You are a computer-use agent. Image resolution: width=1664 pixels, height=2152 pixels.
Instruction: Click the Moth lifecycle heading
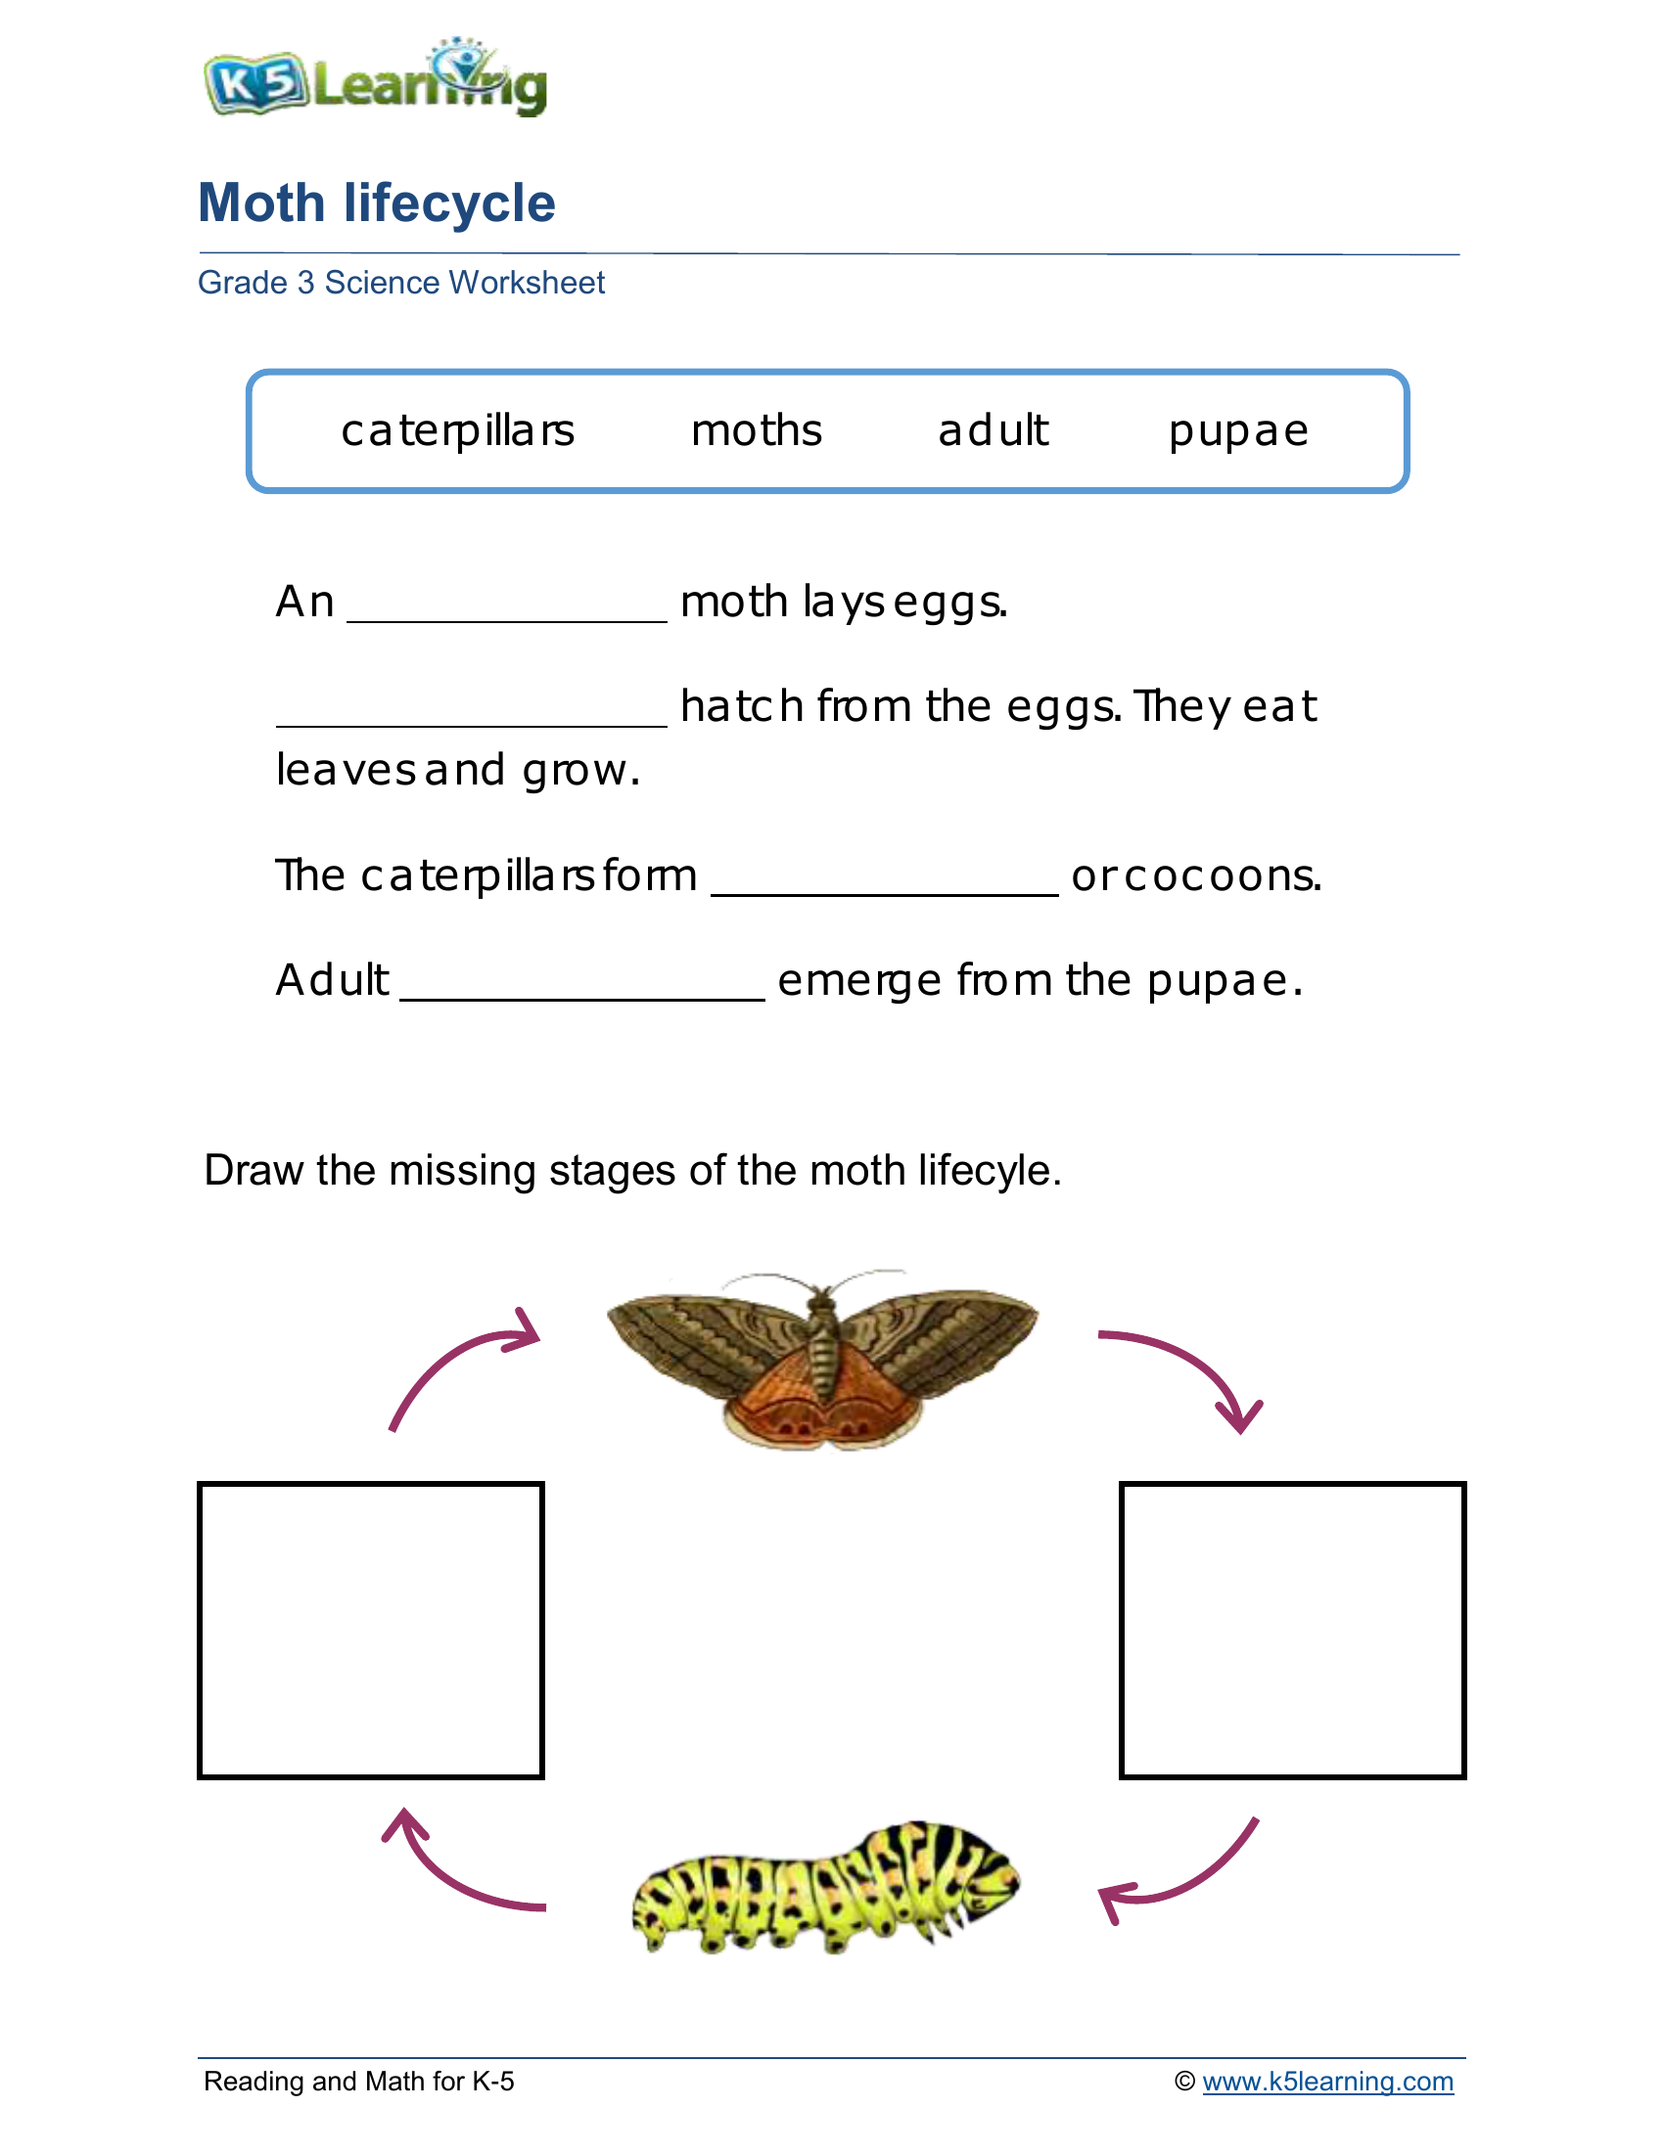[377, 203]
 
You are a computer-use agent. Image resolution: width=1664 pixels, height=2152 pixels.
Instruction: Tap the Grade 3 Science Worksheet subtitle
[400, 283]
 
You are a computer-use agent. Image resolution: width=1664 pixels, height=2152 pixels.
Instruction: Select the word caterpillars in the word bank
[457, 430]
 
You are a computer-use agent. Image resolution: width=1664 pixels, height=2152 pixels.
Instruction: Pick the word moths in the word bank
[756, 430]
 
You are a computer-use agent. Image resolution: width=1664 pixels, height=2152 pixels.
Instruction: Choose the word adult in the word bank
[993, 430]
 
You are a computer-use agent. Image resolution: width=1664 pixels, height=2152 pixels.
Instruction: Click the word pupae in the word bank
[1238, 431]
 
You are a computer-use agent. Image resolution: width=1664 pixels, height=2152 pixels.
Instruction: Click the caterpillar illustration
[826, 1888]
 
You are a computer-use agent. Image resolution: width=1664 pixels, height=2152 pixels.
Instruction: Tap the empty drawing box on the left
[371, 1630]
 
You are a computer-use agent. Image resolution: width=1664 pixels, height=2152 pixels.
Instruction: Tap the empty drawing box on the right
[1292, 1630]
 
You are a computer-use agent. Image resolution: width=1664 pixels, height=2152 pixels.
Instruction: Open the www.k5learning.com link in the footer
[1327, 2082]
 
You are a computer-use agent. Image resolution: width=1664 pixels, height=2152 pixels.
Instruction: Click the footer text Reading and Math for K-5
[359, 2082]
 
